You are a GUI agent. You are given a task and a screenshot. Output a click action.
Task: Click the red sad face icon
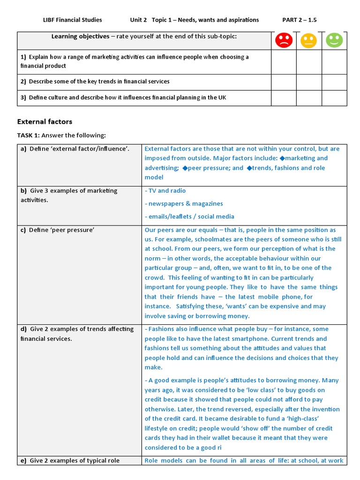[x=284, y=40]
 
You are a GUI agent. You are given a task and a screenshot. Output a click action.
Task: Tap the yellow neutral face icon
[x=309, y=40]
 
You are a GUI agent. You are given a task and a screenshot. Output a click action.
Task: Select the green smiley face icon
[x=334, y=40]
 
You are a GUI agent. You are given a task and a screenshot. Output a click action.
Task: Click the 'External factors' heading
[x=45, y=121]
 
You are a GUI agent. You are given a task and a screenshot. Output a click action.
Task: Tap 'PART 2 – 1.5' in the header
[x=302, y=20]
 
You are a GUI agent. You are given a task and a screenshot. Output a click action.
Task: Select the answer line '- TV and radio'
[x=165, y=191]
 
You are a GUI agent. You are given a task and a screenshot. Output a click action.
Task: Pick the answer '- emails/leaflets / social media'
[x=189, y=217]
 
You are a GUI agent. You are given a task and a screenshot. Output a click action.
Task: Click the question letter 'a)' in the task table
[x=23, y=149]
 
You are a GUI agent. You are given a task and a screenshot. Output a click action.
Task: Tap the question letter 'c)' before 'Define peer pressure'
[x=23, y=230]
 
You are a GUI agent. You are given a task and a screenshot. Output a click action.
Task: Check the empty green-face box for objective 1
[x=334, y=61]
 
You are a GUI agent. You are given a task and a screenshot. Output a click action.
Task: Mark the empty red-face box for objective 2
[x=284, y=82]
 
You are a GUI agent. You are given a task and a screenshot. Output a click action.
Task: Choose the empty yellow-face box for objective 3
[x=309, y=97]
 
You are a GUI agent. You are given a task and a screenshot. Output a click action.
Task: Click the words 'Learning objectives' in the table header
[x=78, y=37]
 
